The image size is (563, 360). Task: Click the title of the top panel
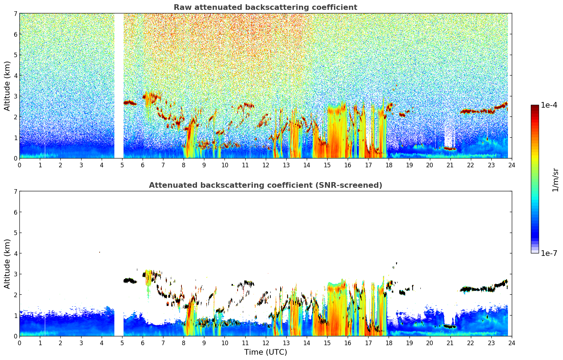[265, 7]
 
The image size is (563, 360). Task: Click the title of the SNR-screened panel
[265, 185]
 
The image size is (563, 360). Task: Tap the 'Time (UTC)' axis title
[265, 352]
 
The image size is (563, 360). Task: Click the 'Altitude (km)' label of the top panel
[7, 86]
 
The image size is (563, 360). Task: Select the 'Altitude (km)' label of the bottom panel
[7, 264]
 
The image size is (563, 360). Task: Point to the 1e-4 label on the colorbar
[549, 105]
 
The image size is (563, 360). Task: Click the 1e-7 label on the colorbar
[549, 253]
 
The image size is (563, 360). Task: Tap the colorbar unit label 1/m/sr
[555, 180]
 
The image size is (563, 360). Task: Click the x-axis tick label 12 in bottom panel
[265, 343]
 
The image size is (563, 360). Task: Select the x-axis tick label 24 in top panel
[511, 165]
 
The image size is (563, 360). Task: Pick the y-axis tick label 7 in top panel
[16, 14]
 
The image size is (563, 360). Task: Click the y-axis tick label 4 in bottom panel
[16, 253]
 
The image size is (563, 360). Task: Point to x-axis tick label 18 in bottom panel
[389, 343]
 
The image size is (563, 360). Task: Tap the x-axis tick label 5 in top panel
[122, 165]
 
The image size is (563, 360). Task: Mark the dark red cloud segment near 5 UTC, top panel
[130, 103]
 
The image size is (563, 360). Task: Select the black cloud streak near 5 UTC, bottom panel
[130, 281]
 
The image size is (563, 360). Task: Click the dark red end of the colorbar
[535, 107]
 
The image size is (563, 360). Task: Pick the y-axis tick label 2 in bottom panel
[16, 295]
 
